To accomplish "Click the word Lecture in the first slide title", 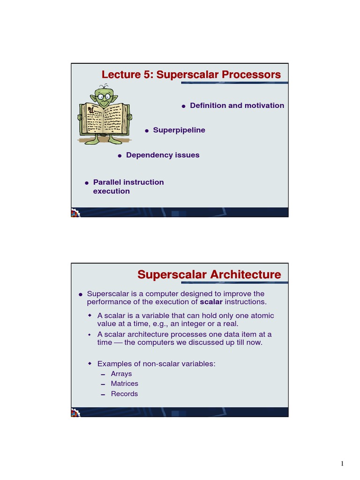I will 121,75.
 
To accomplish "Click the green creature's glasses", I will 104,97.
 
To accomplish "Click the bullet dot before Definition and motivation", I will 184,106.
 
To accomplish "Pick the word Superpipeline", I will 179,130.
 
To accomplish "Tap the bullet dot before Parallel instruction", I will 86,182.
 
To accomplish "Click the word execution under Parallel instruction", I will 112,191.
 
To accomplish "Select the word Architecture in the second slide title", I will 246,274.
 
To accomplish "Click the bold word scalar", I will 211,301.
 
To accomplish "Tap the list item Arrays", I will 121,374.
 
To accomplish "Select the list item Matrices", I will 125,383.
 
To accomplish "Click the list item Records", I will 124,394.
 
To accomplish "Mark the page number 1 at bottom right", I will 342,464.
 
